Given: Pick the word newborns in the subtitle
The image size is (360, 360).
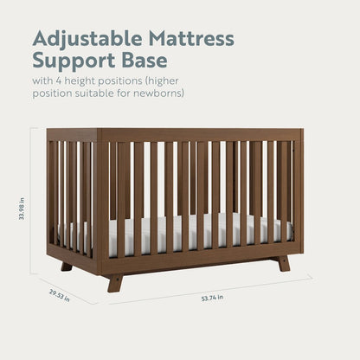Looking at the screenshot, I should [x=158, y=93].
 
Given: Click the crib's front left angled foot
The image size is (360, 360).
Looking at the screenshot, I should [x=114, y=282].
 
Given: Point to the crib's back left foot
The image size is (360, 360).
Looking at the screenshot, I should [x=66, y=266].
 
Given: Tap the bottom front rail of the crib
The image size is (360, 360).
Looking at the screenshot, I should [x=199, y=257].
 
